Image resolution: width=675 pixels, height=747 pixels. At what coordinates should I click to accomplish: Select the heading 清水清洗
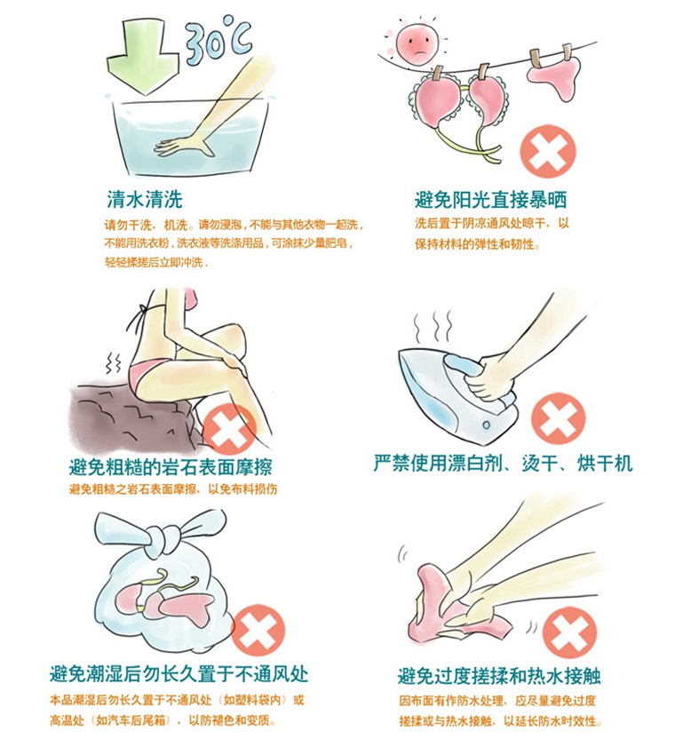click(145, 200)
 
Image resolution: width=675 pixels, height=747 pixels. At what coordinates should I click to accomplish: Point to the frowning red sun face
click(417, 43)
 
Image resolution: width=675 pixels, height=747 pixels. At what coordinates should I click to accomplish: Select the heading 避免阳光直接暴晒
click(490, 200)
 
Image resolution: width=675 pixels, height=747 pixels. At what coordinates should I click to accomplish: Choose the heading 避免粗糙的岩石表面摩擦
click(171, 468)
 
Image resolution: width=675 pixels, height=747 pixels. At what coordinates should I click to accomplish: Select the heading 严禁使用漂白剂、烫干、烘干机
click(504, 463)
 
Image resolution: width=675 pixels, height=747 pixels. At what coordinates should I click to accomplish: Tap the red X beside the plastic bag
click(258, 631)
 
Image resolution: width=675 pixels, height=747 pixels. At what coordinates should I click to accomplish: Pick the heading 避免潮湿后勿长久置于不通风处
click(179, 674)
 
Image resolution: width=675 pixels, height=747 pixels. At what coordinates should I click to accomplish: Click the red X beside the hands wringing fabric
click(569, 632)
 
